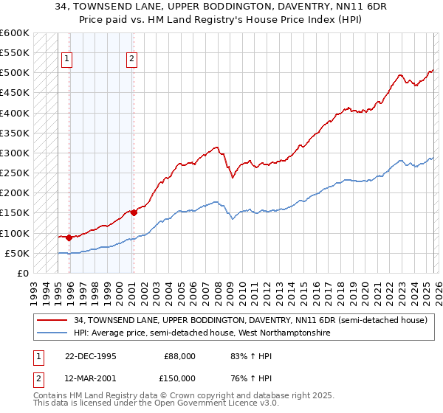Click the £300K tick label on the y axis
pyautogui.click(x=15, y=153)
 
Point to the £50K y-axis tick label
pyautogui.click(x=17, y=254)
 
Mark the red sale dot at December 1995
pyautogui.click(x=69, y=238)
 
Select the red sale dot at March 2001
pyautogui.click(x=134, y=213)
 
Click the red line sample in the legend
pyautogui.click(x=53, y=320)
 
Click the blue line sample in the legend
pyautogui.click(x=53, y=333)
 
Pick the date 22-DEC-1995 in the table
pyautogui.click(x=86, y=356)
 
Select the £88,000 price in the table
pyautogui.click(x=179, y=356)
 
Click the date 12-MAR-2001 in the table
pyautogui.click(x=86, y=378)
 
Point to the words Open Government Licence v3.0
pyautogui.click(x=214, y=403)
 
